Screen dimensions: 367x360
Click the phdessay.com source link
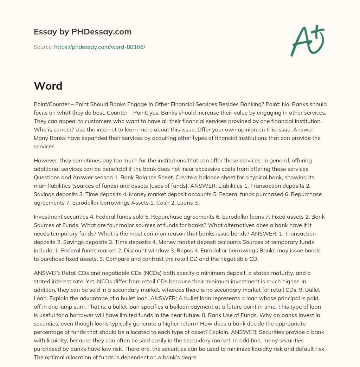pos(99,47)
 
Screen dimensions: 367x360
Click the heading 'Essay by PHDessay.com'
pos(83,32)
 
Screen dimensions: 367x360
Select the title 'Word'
pos(48,85)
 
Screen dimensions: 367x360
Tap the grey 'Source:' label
pos(43,47)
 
